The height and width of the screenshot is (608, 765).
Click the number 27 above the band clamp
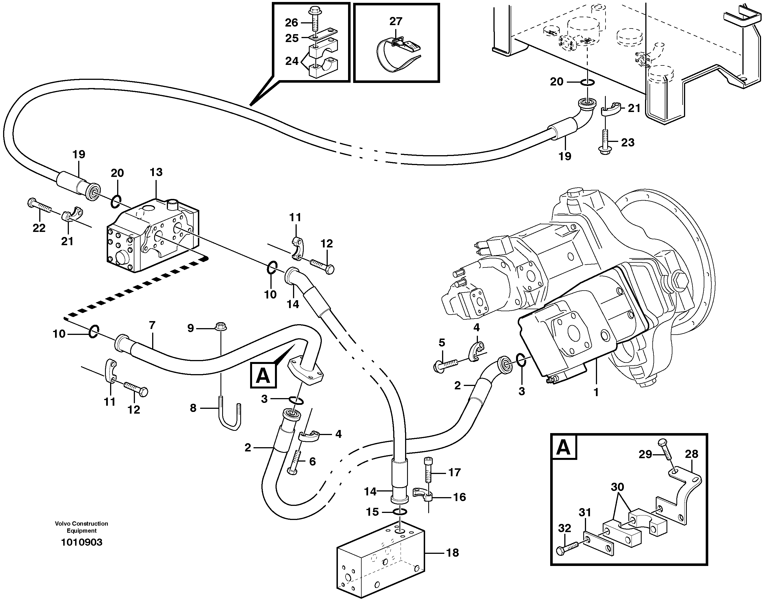(396, 22)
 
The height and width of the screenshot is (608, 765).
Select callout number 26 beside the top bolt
(292, 23)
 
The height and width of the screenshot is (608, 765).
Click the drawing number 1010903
(82, 542)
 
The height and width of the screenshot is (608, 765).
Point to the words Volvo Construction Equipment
(82, 527)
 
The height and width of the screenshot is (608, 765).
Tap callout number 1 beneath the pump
(596, 392)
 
